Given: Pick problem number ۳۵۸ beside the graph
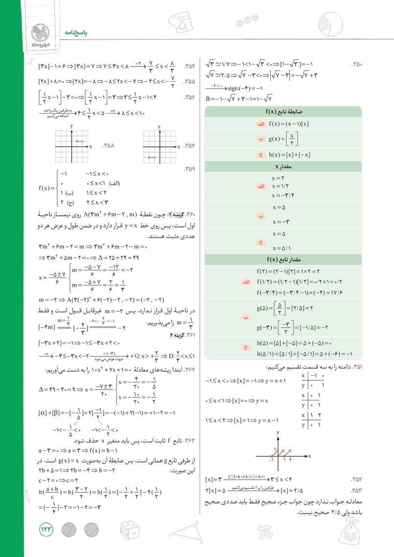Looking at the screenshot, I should click(x=107, y=146).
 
